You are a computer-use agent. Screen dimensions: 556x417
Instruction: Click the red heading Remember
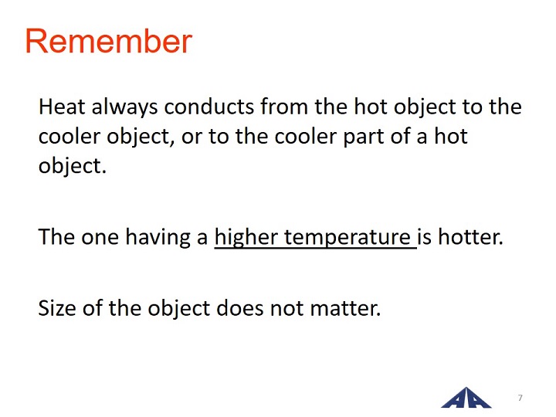[x=109, y=42]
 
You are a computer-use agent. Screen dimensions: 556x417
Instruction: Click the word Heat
[x=62, y=107]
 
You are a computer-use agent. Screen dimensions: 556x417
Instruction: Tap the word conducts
[x=209, y=107]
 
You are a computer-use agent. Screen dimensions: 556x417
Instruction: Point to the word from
[x=284, y=107]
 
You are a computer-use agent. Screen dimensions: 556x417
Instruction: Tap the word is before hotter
[x=425, y=237]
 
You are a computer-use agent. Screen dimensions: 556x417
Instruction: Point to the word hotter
[x=470, y=237]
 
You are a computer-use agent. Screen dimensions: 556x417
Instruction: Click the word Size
[x=56, y=308]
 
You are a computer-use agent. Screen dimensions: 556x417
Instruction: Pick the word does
[x=239, y=307]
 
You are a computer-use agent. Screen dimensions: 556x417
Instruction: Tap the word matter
[x=345, y=308]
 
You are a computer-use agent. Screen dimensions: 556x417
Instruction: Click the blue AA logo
[x=466, y=398]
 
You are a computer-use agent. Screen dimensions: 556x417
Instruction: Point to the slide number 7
[x=520, y=398]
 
